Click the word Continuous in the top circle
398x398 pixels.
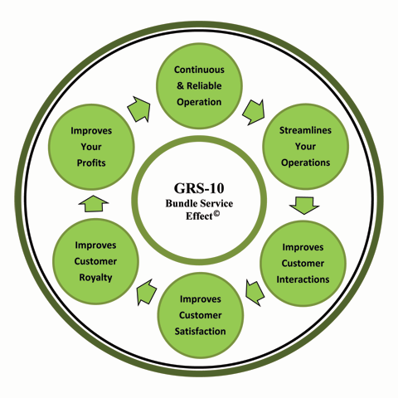199,70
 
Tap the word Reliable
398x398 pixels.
204,85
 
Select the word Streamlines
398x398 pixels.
305,130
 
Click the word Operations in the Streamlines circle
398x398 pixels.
305,163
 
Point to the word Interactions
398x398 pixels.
303,279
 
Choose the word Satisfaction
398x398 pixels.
200,331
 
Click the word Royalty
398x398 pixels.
95,278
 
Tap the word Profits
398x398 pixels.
91,163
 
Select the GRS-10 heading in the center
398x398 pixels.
199,188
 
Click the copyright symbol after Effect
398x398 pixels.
216,213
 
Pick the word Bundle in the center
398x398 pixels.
182,203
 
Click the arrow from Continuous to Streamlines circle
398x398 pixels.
254,112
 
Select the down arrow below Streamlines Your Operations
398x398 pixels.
304,206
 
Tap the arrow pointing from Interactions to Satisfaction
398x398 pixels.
255,293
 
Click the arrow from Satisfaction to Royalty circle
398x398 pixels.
147,292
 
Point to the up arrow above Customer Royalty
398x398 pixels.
94,204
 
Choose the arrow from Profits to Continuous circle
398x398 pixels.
139,109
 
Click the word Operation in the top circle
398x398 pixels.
199,102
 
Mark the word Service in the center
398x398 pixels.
216,203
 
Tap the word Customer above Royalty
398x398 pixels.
95,261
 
